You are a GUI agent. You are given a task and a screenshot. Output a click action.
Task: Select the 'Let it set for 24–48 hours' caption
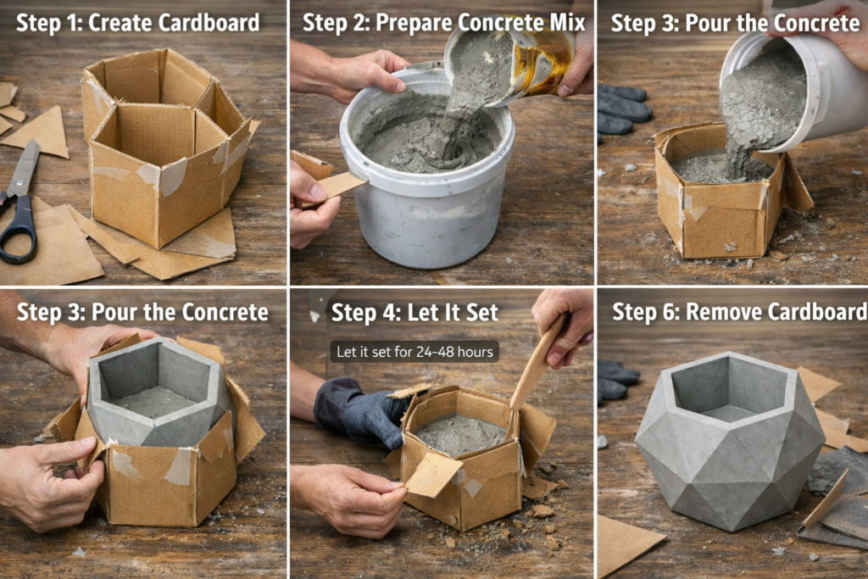(415, 352)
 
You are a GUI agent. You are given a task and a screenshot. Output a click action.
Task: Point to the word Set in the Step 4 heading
(481, 312)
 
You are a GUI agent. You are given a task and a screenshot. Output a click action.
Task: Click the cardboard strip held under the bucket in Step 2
(337, 186)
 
